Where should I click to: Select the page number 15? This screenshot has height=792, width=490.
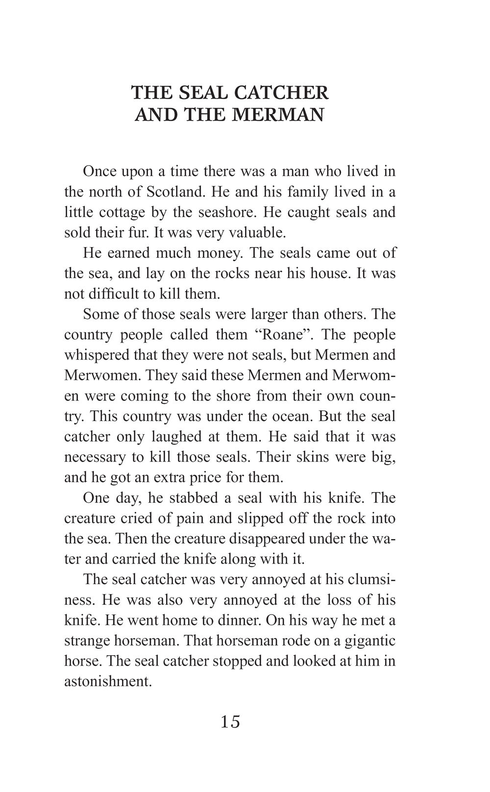230,722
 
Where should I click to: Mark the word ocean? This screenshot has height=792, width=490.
286,416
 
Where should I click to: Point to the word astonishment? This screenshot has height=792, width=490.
107,682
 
